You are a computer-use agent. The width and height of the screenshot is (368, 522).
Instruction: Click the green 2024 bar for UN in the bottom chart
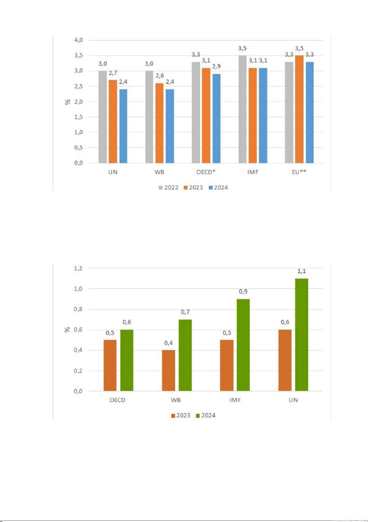coord(301,335)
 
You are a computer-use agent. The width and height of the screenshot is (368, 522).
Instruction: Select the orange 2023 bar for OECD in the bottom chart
coord(110,366)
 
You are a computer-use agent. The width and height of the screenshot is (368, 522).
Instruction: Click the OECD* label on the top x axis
coord(206,172)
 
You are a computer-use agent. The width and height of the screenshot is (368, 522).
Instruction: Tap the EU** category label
coord(299,172)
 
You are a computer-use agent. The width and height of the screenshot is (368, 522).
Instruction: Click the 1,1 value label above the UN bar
coord(301,271)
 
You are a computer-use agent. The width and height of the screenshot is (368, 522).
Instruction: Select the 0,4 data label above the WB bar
coord(168,343)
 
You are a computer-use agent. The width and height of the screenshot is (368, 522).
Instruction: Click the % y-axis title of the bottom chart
coord(68,330)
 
